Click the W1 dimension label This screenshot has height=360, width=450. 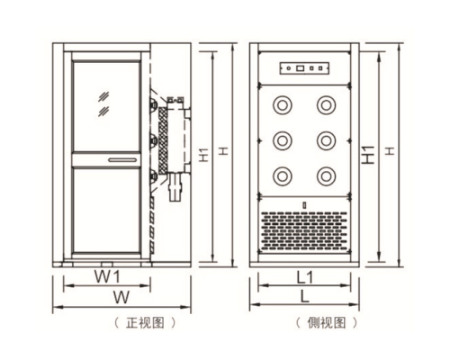coord(107,276)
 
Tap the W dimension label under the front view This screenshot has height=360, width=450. coord(121,297)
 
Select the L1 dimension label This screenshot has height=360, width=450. coord(305,277)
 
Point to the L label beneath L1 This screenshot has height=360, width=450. coord(305,296)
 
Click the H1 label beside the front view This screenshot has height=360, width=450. coord(204,154)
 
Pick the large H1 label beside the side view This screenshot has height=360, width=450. coord(368,155)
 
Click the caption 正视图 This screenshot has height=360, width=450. coord(145,323)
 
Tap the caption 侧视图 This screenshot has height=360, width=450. coord(327,323)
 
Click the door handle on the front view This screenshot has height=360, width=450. coord(122,160)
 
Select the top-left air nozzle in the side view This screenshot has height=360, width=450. coord(283,105)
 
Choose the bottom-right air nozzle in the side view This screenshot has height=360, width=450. coord(327,176)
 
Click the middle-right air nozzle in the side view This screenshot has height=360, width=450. coord(327,140)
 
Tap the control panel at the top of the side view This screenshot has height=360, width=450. coord(304,68)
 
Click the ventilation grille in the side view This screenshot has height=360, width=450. coord(304,231)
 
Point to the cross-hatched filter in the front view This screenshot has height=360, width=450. coord(163,140)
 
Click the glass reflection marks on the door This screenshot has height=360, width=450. coord(103,104)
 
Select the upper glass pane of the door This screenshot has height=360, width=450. coord(106,106)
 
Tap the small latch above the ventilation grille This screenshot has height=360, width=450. coord(304,205)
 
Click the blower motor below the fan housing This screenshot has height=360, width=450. coord(175,186)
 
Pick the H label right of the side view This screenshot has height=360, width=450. coord(390,151)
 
